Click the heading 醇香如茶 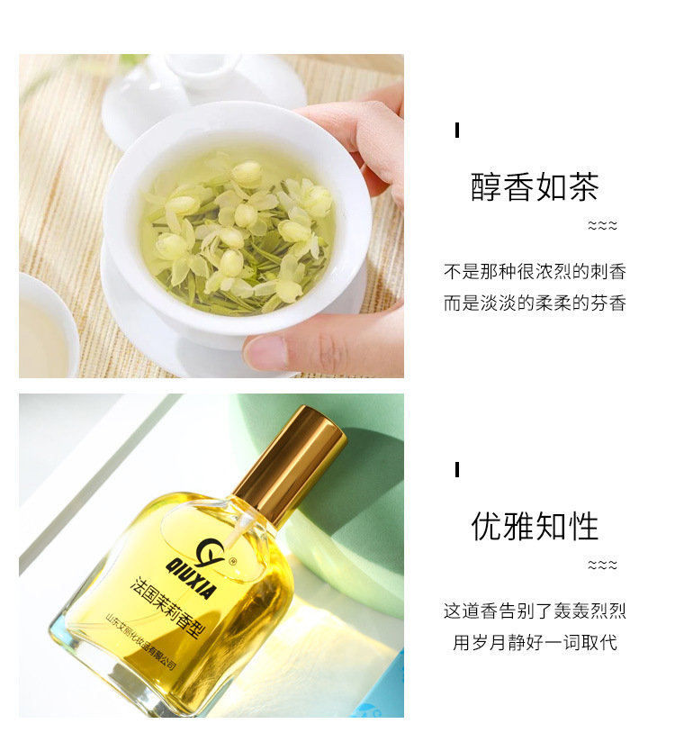pos(535,187)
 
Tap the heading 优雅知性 pos(535,526)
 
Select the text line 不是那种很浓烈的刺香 pos(535,272)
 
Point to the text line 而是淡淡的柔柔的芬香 pos(535,303)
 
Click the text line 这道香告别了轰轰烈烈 pos(535,611)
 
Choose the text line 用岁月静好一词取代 pos(535,642)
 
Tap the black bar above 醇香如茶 pos(457,131)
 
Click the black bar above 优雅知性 pos(457,469)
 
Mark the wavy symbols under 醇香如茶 pos(602,225)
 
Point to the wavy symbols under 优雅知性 pos(602,565)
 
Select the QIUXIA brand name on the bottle pos(190,578)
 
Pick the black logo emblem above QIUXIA pos(210,552)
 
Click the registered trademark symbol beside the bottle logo pos(232,562)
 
